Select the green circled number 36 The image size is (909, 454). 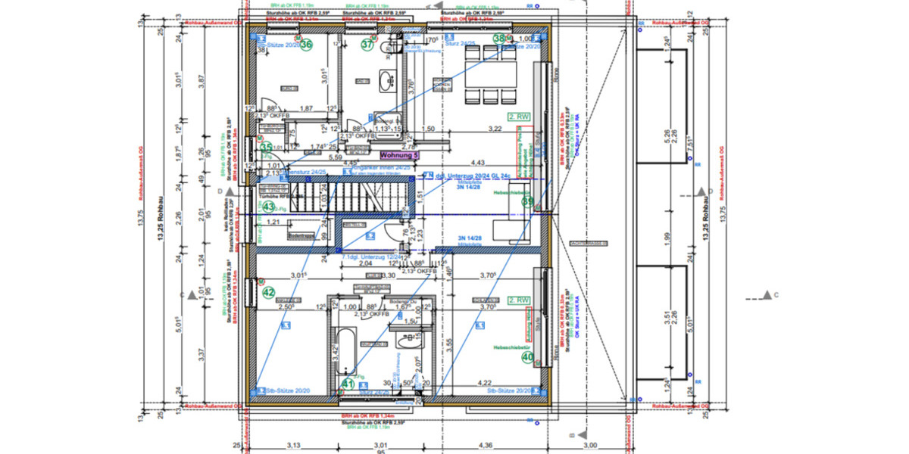click(307, 45)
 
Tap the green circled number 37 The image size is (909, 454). click(367, 45)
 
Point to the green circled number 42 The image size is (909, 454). click(268, 291)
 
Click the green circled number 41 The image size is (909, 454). click(348, 384)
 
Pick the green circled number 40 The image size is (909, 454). click(528, 358)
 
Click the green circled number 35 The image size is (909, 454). click(267, 147)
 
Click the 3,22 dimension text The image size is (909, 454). click(495, 130)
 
